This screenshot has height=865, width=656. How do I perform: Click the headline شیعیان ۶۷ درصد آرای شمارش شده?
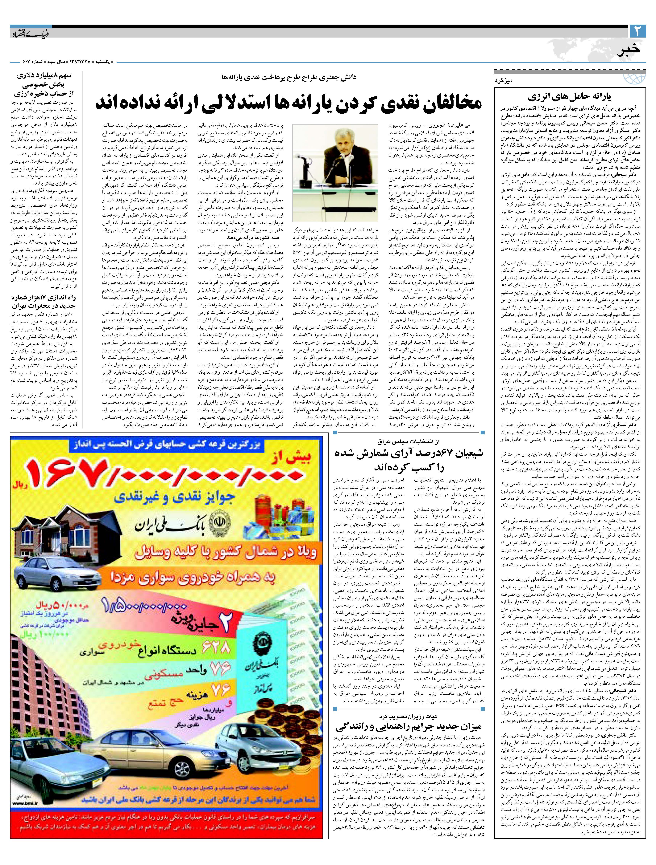click(x=409, y=460)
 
